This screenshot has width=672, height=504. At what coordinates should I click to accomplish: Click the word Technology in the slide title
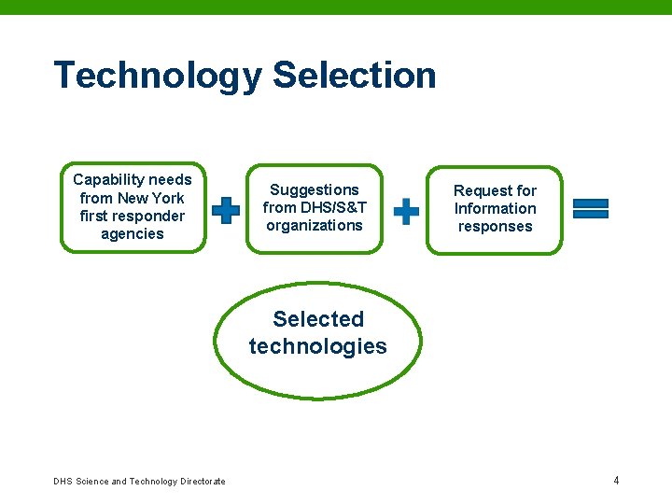[158, 76]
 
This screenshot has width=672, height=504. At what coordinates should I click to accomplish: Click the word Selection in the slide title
[355, 75]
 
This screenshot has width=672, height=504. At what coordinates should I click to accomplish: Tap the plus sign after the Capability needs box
[226, 211]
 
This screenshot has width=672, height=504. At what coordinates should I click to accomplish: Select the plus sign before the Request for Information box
[407, 211]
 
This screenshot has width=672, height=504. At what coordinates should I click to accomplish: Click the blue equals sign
[590, 209]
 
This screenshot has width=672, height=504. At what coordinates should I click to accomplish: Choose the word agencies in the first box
[133, 233]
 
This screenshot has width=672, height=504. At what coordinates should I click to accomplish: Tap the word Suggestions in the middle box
[315, 189]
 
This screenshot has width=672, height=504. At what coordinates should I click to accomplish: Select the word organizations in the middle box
[315, 225]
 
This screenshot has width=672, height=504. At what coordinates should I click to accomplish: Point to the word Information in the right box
[496, 208]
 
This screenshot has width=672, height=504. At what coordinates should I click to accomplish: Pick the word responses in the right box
[496, 226]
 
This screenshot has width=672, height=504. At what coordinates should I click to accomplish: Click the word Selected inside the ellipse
[318, 319]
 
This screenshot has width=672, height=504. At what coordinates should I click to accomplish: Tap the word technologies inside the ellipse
[318, 346]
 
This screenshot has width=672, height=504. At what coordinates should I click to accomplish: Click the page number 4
[616, 481]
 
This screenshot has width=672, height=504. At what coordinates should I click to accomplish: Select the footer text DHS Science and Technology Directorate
[139, 482]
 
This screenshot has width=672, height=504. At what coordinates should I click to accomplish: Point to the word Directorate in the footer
[202, 482]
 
